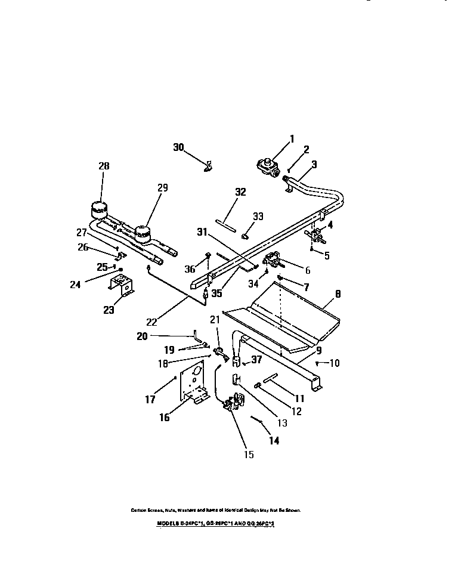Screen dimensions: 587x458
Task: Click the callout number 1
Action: tap(292, 140)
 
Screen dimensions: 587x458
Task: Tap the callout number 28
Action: tap(104, 166)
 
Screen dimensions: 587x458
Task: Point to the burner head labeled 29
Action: tap(142, 231)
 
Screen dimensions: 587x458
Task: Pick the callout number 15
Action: tap(249, 455)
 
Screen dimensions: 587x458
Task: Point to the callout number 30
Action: tap(179, 147)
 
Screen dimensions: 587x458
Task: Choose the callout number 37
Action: tap(256, 360)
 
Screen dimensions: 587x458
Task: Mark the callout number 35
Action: tap(216, 293)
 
